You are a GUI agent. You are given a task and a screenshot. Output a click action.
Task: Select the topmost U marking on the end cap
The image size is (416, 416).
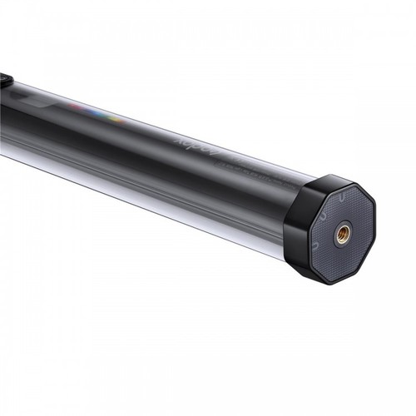tap(343, 198)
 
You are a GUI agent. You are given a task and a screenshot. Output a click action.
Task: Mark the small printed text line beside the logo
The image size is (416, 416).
tap(250, 166)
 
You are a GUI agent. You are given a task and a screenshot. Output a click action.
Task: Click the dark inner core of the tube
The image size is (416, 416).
tap(125, 141)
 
